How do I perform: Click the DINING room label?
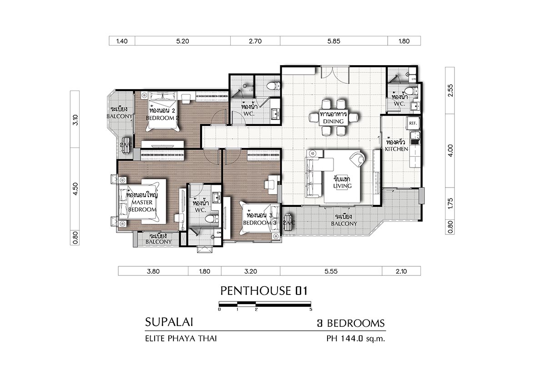(333, 122)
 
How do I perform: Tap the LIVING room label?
(343, 186)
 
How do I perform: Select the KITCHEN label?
(396, 149)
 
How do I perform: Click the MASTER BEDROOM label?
(142, 206)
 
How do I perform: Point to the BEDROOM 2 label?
(162, 118)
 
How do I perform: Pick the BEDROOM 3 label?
(260, 223)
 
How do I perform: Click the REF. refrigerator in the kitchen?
(413, 123)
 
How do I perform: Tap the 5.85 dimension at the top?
(334, 41)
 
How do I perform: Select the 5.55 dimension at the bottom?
(331, 271)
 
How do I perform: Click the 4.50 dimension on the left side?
(76, 189)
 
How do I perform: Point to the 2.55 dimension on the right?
(450, 91)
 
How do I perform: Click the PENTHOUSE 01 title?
(264, 291)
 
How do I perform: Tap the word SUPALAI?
(169, 322)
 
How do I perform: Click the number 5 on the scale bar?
(311, 310)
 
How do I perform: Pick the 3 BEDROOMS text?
(351, 323)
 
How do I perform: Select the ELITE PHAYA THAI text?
(181, 339)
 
